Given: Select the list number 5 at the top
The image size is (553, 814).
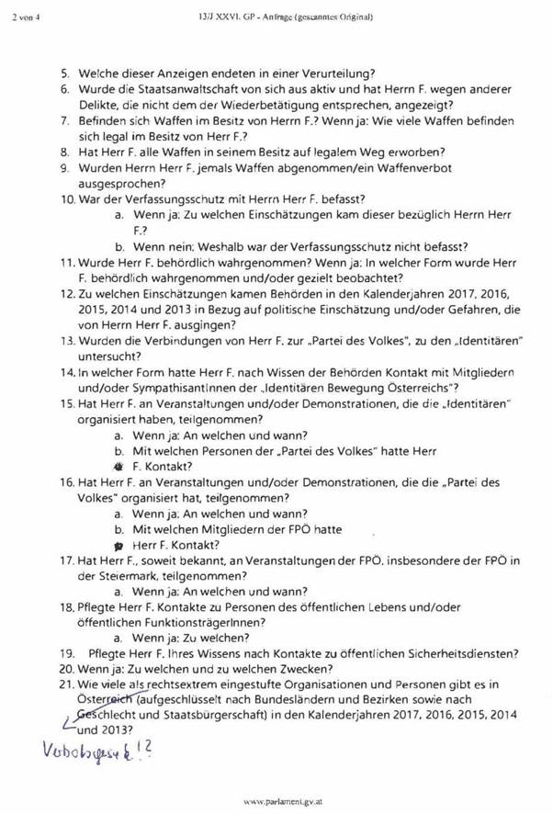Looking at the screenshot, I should [x=65, y=73].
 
